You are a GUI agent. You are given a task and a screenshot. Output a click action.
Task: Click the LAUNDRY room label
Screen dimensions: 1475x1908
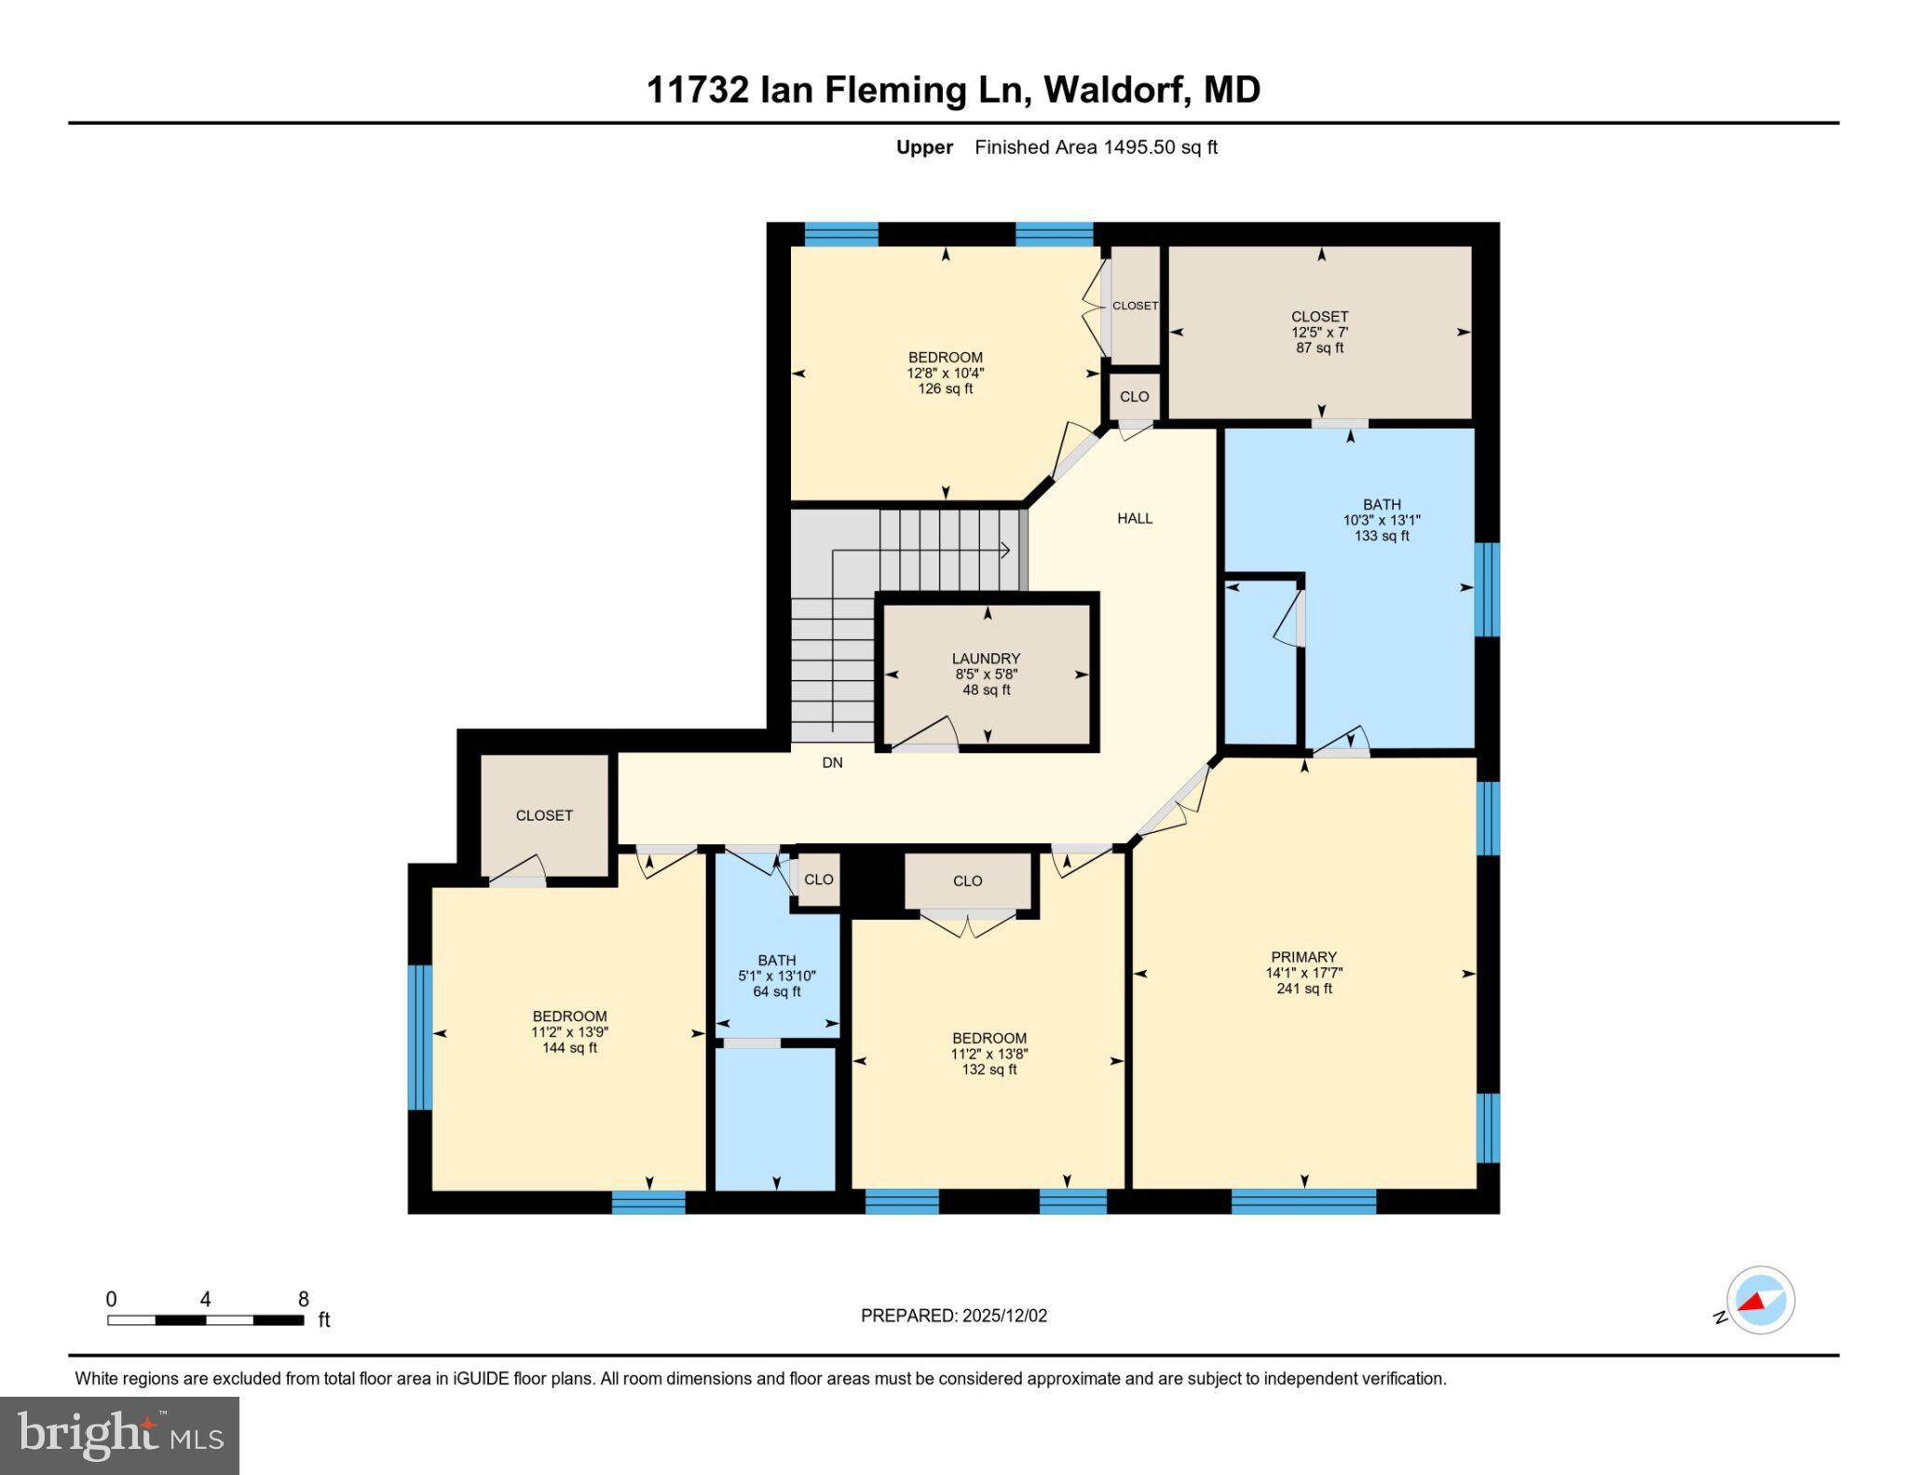click(986, 658)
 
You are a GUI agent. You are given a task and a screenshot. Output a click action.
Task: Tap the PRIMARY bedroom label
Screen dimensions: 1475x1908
click(1303, 957)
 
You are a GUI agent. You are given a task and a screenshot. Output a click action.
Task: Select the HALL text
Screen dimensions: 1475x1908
click(1135, 518)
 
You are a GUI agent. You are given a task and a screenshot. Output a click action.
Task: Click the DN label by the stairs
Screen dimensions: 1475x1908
click(832, 762)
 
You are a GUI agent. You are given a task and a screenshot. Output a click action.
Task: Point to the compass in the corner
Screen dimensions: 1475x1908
click(1760, 1300)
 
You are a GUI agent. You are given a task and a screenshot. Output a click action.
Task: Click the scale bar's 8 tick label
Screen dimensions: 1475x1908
click(303, 1299)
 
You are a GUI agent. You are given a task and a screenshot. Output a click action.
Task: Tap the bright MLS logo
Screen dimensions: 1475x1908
click(119, 1435)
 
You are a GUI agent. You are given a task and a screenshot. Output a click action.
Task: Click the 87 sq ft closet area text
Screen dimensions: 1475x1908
click(1319, 348)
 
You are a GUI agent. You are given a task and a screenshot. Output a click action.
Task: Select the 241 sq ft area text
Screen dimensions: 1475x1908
click(1303, 989)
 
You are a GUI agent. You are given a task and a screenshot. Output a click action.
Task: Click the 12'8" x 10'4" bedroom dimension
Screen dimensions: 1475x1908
click(946, 373)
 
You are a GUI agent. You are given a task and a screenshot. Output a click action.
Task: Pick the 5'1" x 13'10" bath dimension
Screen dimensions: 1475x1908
click(776, 976)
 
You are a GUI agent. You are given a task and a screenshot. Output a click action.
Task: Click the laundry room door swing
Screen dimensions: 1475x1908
click(928, 734)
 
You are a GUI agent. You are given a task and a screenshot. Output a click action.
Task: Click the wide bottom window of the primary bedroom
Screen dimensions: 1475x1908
click(1303, 1201)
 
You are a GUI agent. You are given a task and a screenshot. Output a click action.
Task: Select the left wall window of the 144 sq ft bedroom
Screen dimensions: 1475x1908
click(420, 1037)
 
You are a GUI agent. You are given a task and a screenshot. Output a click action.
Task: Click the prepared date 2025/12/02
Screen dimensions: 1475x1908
click(1004, 1316)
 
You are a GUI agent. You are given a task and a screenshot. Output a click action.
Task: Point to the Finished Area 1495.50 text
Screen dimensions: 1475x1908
click(1096, 147)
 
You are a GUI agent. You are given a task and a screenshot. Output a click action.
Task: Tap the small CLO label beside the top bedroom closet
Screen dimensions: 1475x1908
click(1134, 396)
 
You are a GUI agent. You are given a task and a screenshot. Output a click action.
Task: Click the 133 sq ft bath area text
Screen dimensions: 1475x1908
click(1381, 536)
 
